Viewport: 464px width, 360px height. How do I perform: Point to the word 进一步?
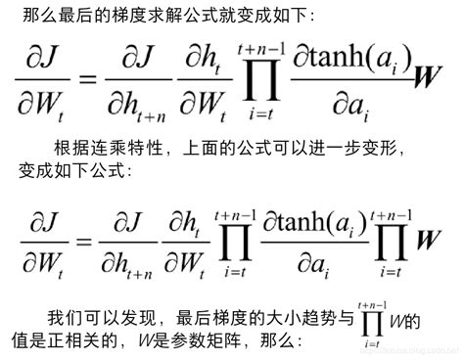tap(328, 148)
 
